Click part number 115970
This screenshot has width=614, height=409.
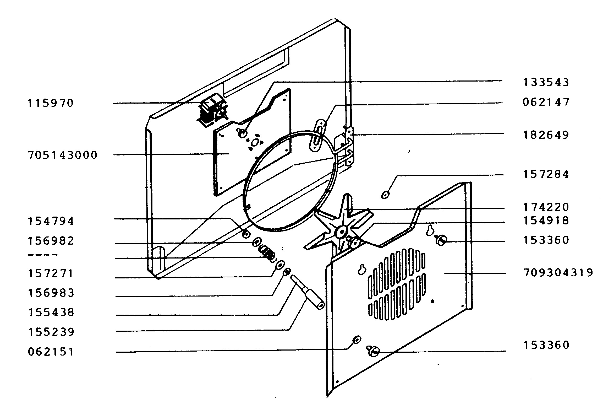click(51, 103)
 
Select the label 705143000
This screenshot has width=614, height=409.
click(63, 155)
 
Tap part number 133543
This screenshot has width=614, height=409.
click(546, 82)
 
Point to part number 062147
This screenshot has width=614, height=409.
click(546, 102)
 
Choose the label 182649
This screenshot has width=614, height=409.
click(546, 135)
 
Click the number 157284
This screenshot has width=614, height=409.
click(546, 174)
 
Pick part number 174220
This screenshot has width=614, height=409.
click(546, 207)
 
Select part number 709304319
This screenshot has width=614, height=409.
click(558, 273)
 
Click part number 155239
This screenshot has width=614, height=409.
click(51, 332)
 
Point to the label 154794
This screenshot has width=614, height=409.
click(51, 221)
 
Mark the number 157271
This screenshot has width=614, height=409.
click(51, 273)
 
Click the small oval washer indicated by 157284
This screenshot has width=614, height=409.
click(385, 195)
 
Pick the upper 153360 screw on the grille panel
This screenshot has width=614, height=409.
click(441, 240)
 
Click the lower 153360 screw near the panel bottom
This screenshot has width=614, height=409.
click(373, 351)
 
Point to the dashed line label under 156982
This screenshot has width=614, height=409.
click(43, 255)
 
